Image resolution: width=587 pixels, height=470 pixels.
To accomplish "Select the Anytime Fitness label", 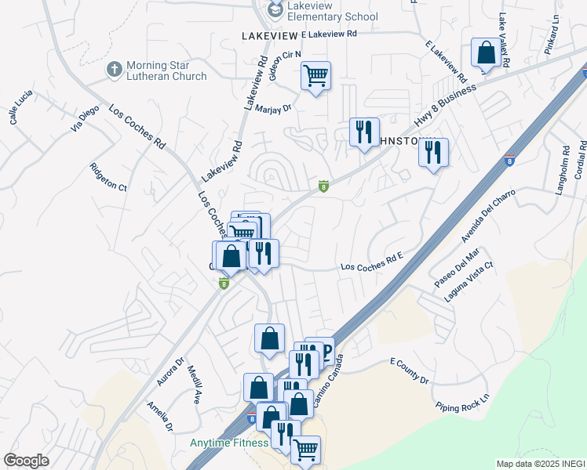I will [x=228, y=443].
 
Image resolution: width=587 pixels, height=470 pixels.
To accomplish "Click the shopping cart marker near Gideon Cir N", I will [x=315, y=76].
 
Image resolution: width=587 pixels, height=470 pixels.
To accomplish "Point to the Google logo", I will [x=26, y=461].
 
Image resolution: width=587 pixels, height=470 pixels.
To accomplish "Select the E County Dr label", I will [x=410, y=371].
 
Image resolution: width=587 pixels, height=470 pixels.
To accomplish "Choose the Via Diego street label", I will [x=87, y=116].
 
